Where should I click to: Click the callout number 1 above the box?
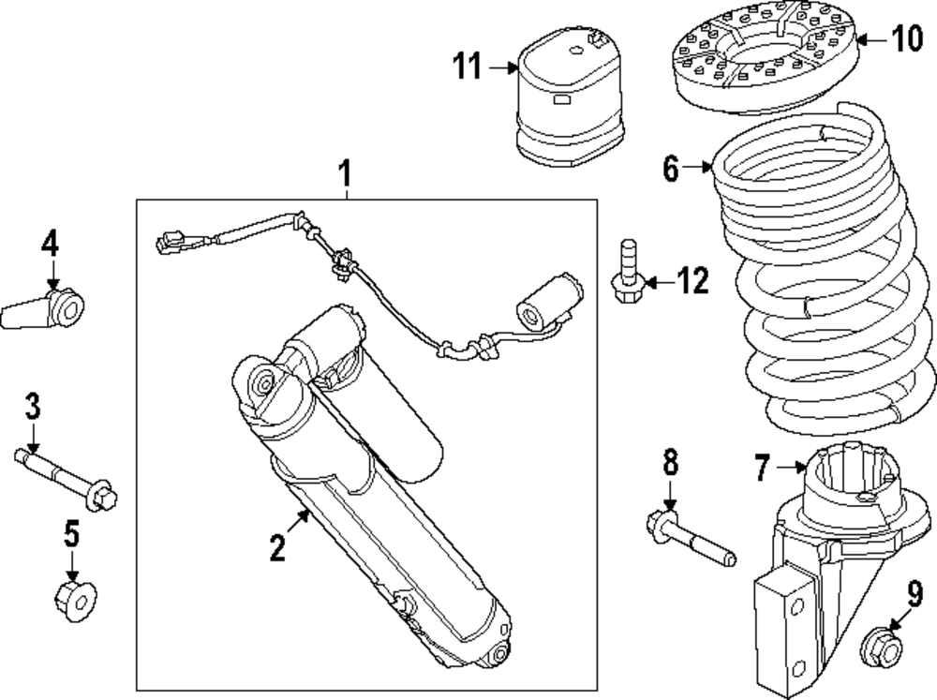(x=345, y=172)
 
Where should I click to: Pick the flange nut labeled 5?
(x=72, y=593)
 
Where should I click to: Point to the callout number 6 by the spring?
(x=670, y=169)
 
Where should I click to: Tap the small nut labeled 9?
(x=880, y=645)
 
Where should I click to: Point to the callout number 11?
(x=468, y=67)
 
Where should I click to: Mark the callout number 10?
(x=906, y=38)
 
